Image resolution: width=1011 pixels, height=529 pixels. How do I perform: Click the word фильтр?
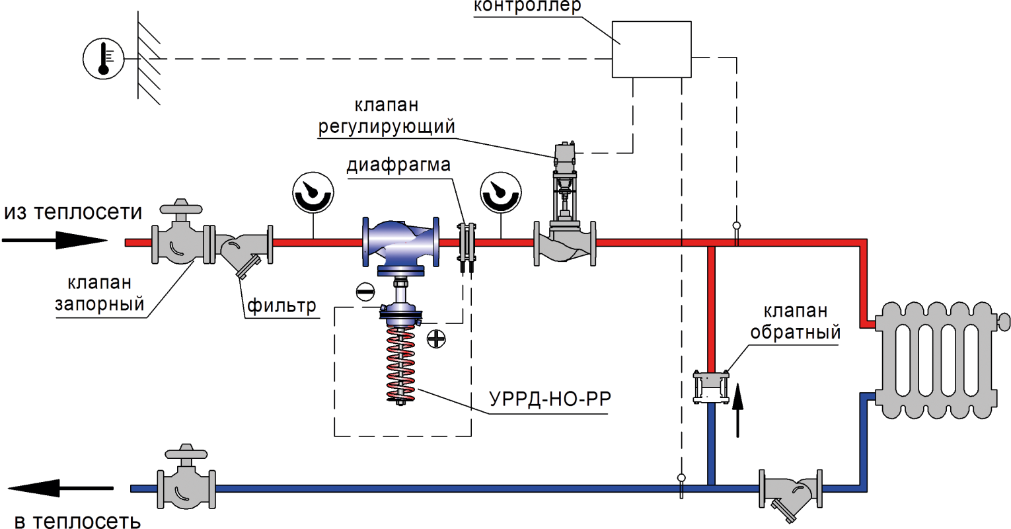pos(281,305)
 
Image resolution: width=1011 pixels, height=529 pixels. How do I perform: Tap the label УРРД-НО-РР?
pos(550,399)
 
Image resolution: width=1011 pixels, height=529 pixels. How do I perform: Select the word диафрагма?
pos(398,165)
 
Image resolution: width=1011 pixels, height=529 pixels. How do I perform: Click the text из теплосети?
pos(73,212)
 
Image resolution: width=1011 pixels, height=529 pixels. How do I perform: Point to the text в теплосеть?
pos(77,521)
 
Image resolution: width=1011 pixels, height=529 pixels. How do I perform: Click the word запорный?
pos(99,305)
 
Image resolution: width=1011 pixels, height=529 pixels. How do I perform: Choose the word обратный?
pos(795,332)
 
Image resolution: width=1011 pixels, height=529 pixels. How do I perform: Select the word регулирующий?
pos(387,126)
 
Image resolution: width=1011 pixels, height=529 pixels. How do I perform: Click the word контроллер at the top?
pos(527,7)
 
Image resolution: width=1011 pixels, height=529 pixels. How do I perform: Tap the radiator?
pos(938,360)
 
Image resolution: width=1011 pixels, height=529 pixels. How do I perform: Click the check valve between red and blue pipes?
pos(711,380)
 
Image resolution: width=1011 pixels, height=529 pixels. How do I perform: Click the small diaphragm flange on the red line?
pos(467,245)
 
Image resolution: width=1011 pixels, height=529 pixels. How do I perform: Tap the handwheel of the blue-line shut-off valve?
pos(186,454)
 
